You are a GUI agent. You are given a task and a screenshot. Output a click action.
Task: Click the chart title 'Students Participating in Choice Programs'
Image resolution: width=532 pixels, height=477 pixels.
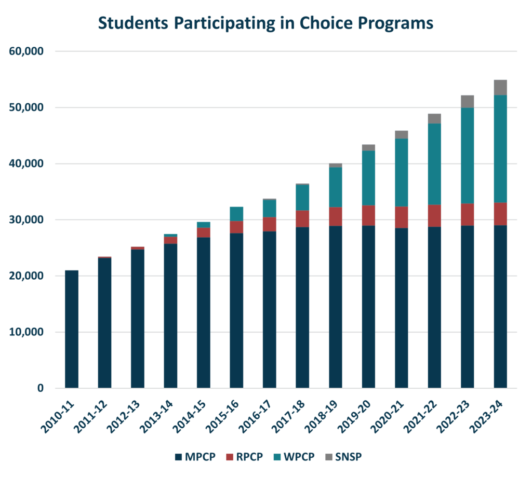(x=265, y=23)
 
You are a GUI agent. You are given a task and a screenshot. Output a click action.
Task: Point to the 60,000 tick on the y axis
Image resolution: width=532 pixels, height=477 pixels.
(x=26, y=51)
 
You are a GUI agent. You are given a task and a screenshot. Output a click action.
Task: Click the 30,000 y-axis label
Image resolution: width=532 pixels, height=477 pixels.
(x=26, y=220)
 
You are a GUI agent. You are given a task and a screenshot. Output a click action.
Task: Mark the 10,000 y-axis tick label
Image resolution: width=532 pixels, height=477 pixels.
(x=26, y=332)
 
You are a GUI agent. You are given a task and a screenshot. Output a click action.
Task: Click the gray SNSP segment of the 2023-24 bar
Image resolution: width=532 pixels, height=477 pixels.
(x=500, y=87)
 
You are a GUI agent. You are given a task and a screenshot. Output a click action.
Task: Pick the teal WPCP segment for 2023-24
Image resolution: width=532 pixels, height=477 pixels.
(x=500, y=149)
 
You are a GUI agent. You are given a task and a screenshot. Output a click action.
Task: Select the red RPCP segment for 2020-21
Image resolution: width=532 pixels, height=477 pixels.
(x=401, y=217)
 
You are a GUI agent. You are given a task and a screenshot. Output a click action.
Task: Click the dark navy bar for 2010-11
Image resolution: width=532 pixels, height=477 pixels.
(x=72, y=329)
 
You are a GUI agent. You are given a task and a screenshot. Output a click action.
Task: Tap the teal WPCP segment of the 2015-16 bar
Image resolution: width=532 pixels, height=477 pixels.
(x=236, y=214)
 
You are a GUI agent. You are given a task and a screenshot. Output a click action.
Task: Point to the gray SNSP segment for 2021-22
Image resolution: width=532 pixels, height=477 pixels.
(x=434, y=118)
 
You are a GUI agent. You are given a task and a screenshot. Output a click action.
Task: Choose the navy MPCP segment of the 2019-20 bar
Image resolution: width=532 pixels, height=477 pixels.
(x=368, y=306)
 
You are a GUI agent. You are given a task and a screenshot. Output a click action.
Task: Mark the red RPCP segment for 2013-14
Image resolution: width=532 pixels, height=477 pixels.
(x=170, y=240)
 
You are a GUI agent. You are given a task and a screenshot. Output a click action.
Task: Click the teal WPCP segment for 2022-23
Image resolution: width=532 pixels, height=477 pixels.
(x=467, y=156)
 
